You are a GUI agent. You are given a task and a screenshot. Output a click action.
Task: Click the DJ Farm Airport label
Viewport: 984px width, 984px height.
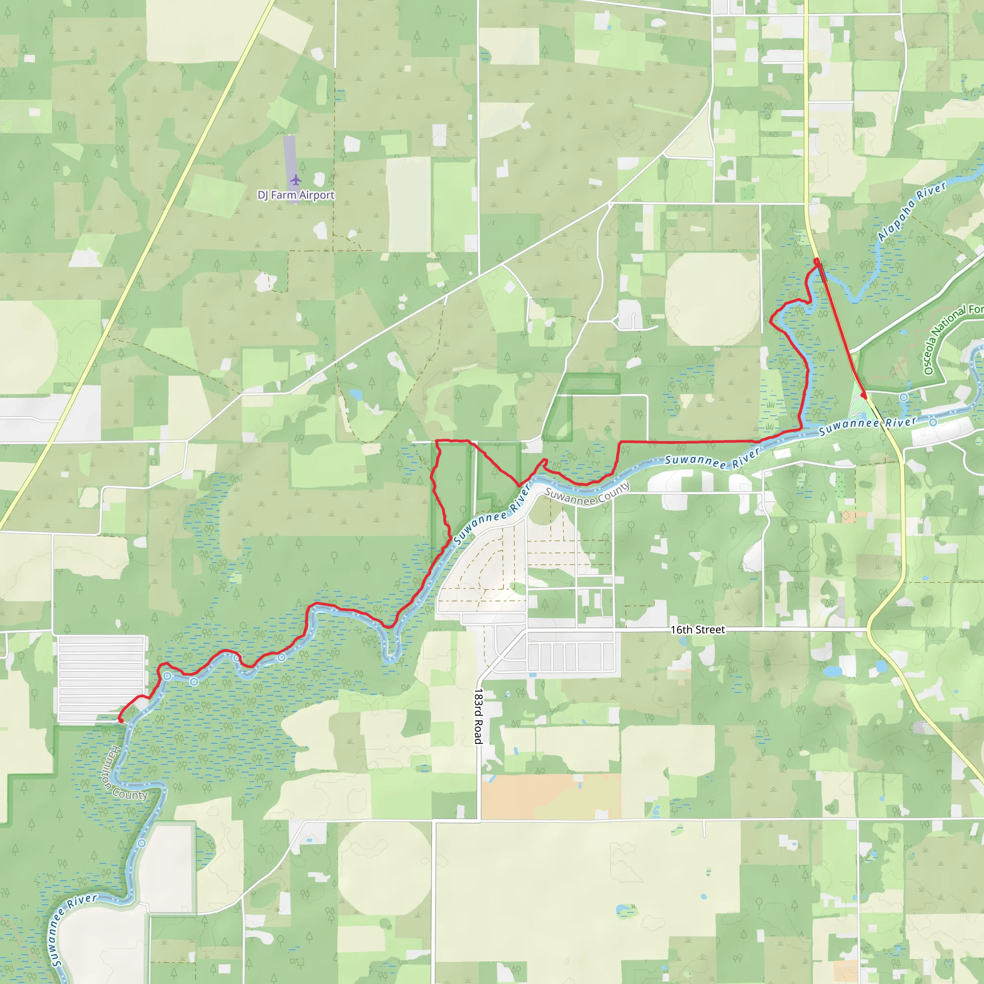[296, 195]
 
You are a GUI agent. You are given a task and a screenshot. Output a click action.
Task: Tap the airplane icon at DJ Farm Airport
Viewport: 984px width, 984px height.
[295, 180]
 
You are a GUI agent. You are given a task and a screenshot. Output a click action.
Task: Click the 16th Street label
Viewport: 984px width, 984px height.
[697, 630]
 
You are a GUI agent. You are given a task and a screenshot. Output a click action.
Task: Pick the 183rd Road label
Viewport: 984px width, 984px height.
[478, 716]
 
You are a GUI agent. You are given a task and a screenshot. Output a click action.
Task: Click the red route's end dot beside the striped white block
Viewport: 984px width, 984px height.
[121, 721]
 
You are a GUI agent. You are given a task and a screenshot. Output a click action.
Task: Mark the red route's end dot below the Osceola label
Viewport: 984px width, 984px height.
[863, 396]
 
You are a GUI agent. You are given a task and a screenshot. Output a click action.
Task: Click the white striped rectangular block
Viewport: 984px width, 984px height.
[101, 679]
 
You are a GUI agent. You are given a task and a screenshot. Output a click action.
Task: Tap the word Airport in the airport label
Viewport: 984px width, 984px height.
[317, 195]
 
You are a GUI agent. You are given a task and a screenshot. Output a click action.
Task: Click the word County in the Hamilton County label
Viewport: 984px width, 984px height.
[130, 794]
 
